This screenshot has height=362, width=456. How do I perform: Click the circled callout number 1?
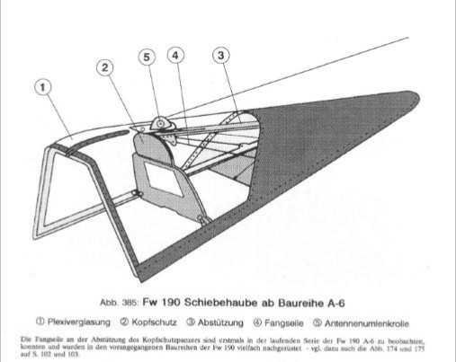point(43,87)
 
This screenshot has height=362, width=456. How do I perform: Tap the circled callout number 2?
point(105,67)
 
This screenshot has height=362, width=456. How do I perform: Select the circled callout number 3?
point(221,56)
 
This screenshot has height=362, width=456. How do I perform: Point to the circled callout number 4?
point(175,56)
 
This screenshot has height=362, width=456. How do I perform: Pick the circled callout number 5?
point(147,57)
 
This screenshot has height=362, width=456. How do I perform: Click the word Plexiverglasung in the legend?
point(79,322)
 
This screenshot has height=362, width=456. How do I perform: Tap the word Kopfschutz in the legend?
point(154,322)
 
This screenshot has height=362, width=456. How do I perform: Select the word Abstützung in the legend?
point(220,322)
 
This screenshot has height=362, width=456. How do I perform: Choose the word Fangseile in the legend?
point(284,323)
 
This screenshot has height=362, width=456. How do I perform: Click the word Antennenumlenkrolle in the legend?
point(367,323)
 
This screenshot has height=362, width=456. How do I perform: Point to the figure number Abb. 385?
point(119,303)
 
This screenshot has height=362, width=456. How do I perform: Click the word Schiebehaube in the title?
point(220,303)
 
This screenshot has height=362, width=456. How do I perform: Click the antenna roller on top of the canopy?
point(162,124)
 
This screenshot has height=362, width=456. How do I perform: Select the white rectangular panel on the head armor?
point(164,180)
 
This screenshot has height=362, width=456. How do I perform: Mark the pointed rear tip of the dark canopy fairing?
point(418,94)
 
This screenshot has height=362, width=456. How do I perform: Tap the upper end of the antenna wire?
point(408,38)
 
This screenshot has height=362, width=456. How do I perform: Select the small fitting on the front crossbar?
point(138,194)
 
